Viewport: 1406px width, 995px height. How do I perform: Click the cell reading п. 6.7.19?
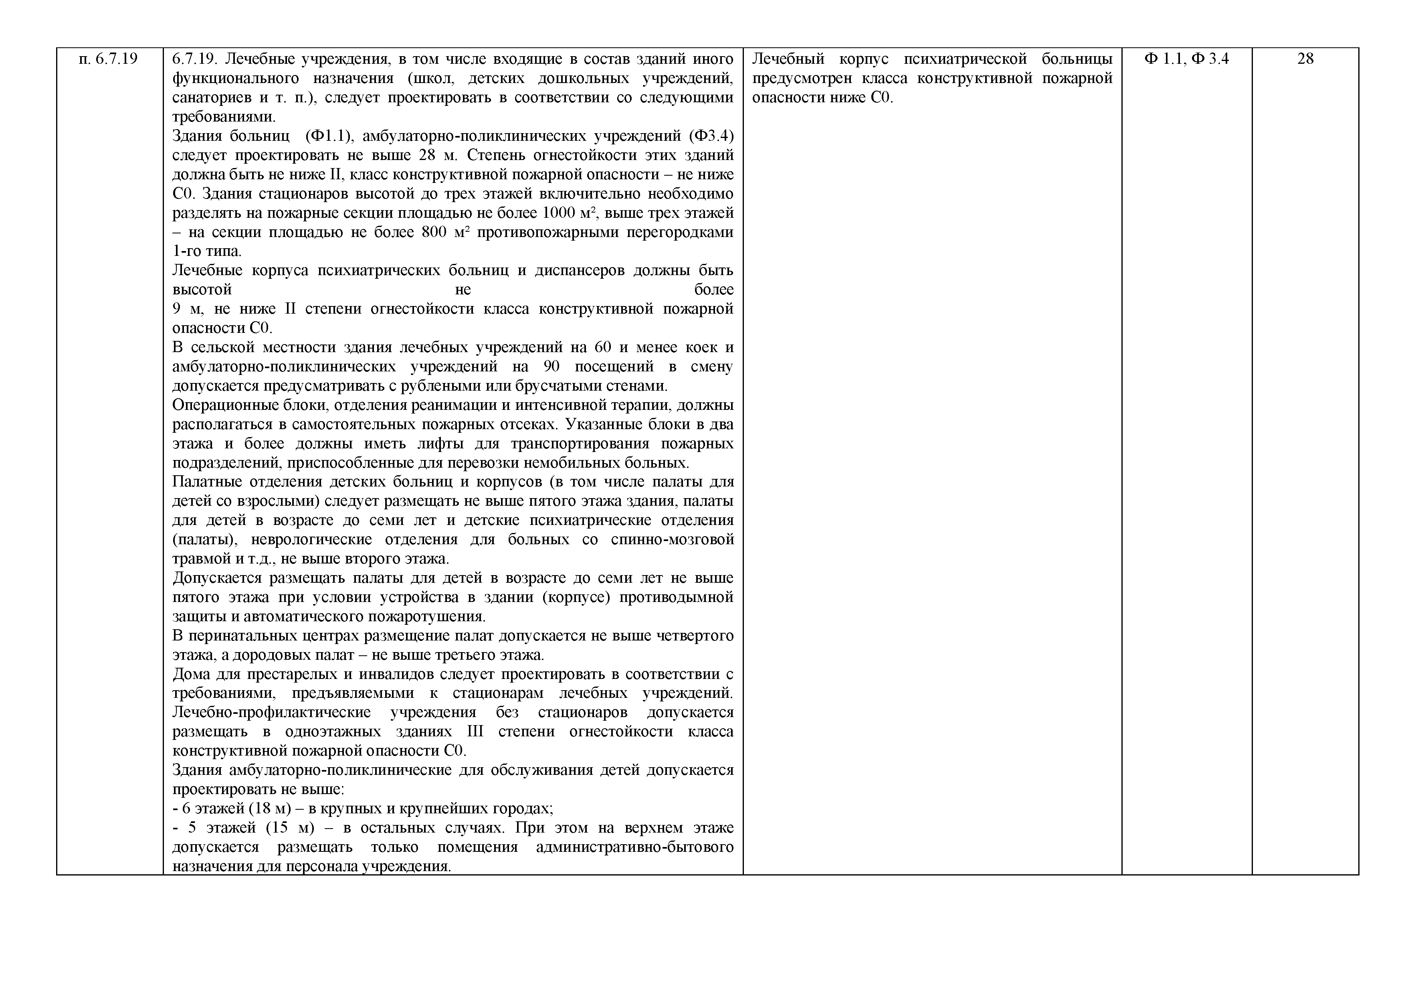coord(108,59)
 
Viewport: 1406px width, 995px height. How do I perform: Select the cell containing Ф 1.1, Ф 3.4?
coord(1186,59)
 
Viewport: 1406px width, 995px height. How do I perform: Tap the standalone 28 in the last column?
coord(1305,59)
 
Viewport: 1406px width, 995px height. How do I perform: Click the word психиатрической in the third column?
coord(964,59)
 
